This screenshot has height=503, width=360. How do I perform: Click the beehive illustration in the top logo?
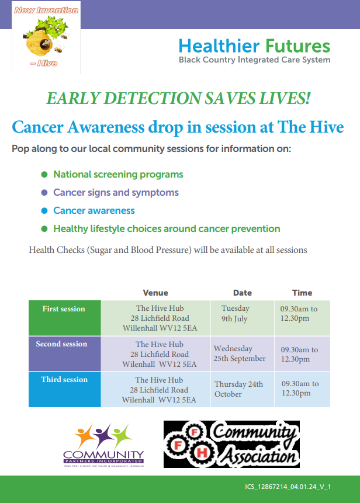coord(40,44)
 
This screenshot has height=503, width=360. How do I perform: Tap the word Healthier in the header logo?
coord(219,46)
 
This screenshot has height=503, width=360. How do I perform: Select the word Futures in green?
coord(297,46)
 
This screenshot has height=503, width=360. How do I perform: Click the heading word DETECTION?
coord(153,98)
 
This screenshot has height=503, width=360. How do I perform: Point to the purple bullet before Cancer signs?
coord(44,192)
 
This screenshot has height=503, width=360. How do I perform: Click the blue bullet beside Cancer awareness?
coord(44,210)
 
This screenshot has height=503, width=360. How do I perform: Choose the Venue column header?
coord(155,293)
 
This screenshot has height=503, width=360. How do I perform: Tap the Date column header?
coord(243,293)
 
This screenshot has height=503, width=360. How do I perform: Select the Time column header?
coord(302,293)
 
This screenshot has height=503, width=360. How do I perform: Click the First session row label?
coord(64,308)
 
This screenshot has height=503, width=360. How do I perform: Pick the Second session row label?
coord(61,344)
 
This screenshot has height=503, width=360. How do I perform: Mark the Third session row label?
coord(64,380)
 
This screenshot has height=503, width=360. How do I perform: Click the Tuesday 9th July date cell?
coord(235,313)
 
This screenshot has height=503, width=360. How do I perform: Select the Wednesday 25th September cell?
coord(240,353)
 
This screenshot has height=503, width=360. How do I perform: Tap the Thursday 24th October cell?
coord(238,389)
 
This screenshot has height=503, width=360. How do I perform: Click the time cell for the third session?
coord(300,388)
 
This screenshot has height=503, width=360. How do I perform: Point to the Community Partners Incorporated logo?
coord(103,445)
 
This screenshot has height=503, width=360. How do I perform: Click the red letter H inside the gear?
coord(202,453)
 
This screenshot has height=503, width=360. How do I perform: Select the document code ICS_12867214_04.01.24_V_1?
coord(288,487)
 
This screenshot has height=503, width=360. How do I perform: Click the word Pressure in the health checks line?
coord(174,250)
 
